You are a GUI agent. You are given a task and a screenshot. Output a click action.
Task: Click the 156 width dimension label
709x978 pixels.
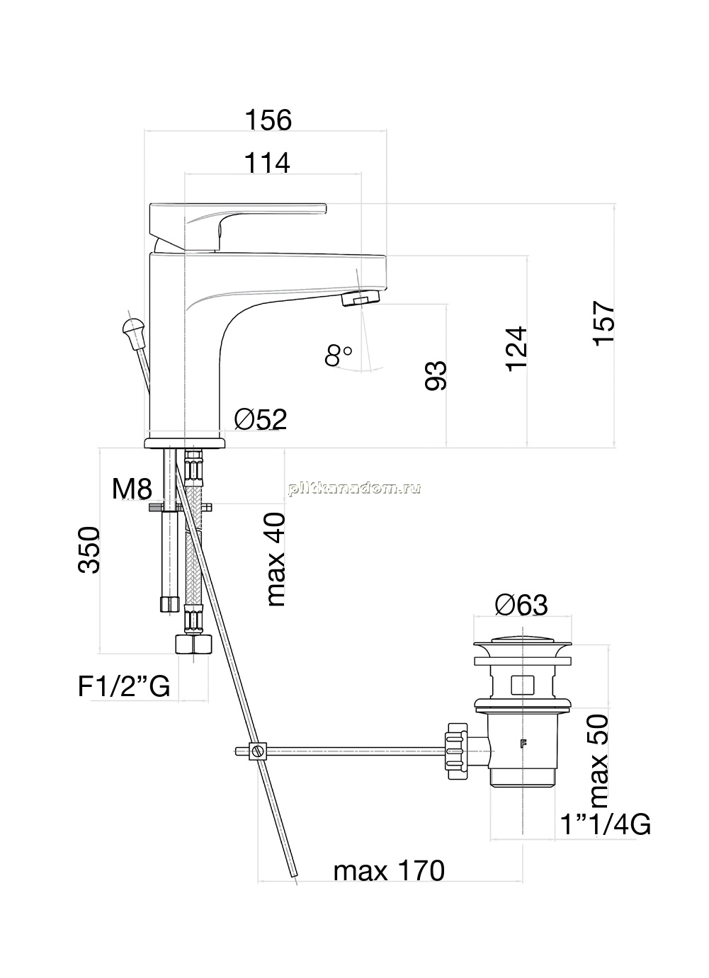[268, 120]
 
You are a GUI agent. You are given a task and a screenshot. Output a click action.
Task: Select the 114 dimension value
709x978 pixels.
[267, 164]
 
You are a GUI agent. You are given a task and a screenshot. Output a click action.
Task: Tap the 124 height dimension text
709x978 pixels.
[516, 349]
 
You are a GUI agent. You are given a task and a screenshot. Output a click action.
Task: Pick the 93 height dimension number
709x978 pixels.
[436, 375]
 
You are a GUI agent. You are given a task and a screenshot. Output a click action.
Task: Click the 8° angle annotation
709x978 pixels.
[339, 355]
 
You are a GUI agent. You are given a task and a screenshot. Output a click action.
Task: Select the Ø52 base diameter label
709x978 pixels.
[261, 419]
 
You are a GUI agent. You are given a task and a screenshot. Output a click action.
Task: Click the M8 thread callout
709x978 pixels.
[132, 489]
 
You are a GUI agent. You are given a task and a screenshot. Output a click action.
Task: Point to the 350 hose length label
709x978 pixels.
[89, 550]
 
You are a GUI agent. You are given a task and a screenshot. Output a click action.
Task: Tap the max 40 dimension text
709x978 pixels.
[276, 559]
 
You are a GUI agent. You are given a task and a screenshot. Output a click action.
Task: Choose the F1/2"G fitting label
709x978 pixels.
[124, 686]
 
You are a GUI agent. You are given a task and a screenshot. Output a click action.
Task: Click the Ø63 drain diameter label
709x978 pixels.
[521, 605]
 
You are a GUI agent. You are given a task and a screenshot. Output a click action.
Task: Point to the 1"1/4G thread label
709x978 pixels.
[606, 825]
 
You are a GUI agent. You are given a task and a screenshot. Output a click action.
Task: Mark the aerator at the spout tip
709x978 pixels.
[361, 299]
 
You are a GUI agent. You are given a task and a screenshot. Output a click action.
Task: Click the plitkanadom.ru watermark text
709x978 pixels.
[354, 488]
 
